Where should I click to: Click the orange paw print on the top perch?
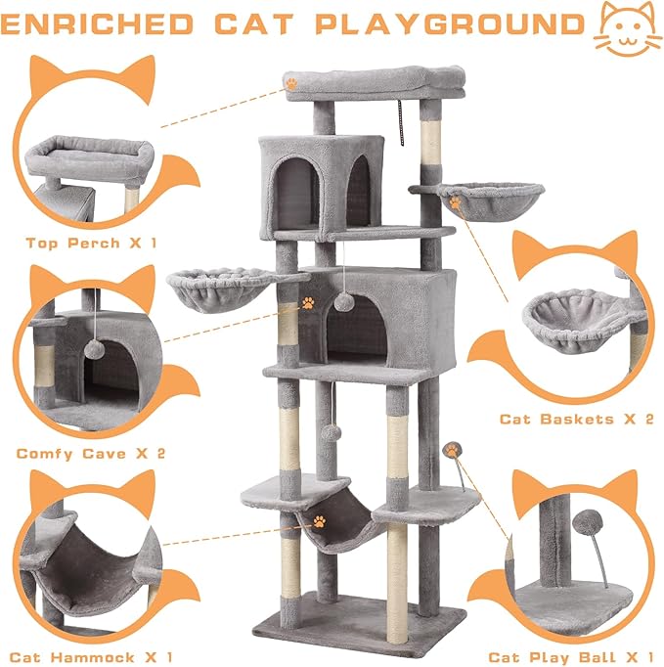291,84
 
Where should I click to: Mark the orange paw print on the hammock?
318,522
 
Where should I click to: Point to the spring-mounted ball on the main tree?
452,450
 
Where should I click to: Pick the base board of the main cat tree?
353,614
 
